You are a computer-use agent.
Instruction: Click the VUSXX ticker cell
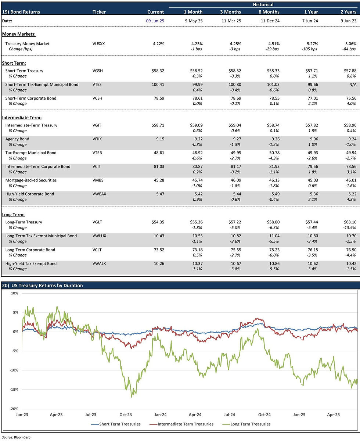click(99, 44)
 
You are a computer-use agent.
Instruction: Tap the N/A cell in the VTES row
click(351, 85)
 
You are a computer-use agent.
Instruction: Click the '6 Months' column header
click(270, 12)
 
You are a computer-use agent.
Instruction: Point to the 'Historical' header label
click(263, 5)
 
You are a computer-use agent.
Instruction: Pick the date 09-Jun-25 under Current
click(155, 21)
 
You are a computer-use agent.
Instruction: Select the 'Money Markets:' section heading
click(19, 34)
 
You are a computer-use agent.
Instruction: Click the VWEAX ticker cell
click(100, 194)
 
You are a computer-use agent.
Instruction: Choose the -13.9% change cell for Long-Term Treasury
click(349, 227)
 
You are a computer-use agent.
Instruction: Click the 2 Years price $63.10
click(348, 222)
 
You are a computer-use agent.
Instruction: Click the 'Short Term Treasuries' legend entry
click(116, 424)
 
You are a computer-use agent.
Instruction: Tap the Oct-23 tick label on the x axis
click(126, 415)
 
